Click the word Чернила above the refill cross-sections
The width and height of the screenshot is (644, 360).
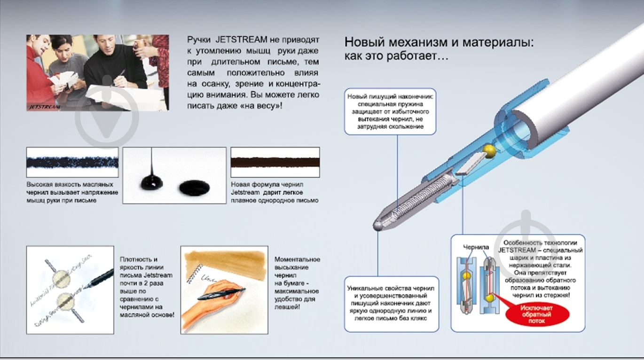click(x=476, y=247)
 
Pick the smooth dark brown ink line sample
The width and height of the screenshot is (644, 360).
click(x=275, y=162)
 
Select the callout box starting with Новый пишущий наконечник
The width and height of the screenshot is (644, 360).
click(x=390, y=112)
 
